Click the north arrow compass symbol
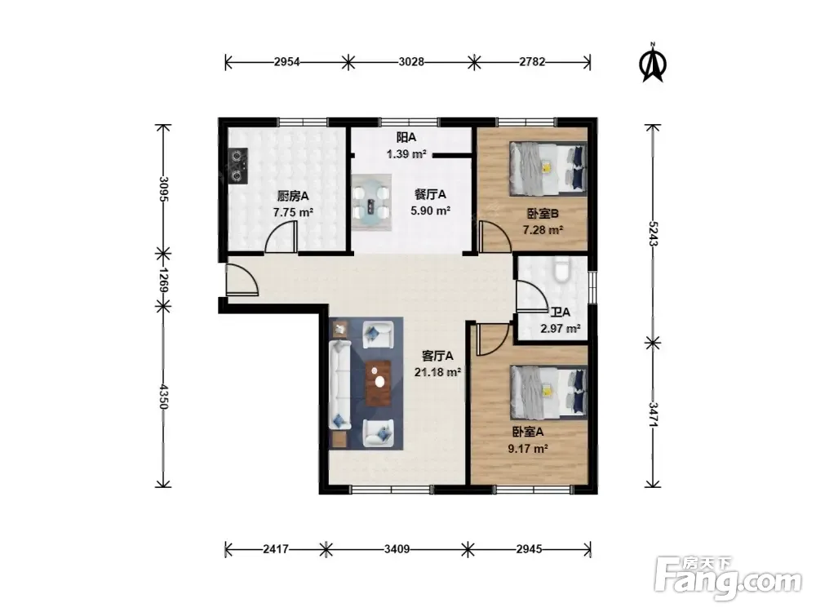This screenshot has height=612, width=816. tap(653, 63)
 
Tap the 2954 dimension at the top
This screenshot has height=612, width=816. tap(286, 62)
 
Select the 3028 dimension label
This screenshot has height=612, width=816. tap(411, 62)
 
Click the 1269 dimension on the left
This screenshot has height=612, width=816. tap(163, 281)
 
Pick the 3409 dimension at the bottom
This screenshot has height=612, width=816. tap(397, 549)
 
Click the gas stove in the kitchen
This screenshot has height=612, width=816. tap(238, 166)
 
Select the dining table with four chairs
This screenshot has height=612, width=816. tap(371, 202)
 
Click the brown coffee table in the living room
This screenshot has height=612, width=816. tap(379, 383)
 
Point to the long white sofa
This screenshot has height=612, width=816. tap(339, 384)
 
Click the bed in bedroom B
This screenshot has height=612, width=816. tap(548, 169)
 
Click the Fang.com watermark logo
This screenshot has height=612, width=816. tap(728, 579)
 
